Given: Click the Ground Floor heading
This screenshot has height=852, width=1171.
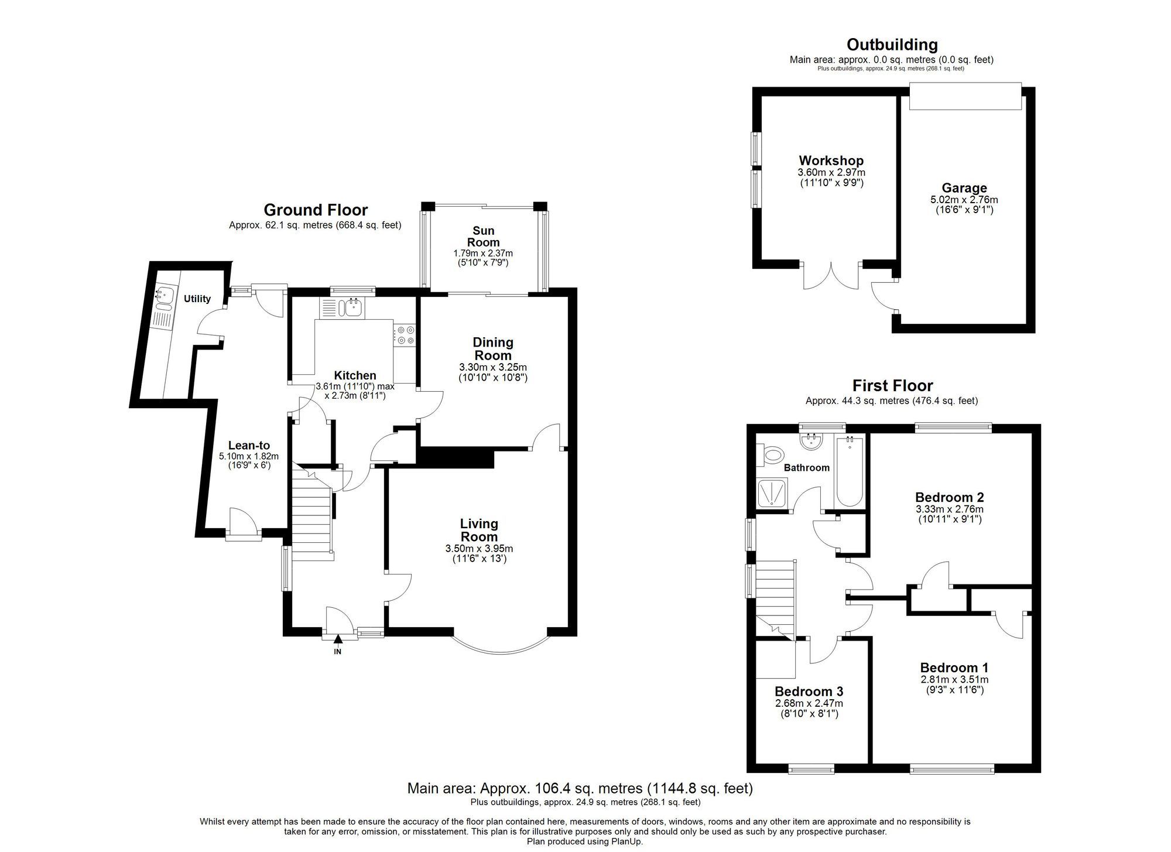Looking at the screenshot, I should pyautogui.click(x=316, y=210).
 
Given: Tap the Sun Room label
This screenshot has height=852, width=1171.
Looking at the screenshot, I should pyautogui.click(x=484, y=237).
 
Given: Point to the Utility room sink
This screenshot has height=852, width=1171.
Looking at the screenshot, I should pyautogui.click(x=164, y=293).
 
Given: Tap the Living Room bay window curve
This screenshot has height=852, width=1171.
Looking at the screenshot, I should pyautogui.click(x=501, y=649).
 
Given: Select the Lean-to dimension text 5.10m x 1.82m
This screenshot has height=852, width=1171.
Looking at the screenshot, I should pyautogui.click(x=249, y=456).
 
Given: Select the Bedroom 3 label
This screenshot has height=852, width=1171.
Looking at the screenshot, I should pyautogui.click(x=809, y=692).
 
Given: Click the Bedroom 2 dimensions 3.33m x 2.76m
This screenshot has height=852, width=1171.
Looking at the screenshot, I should pyautogui.click(x=949, y=509).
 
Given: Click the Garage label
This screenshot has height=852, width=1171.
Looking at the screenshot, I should pyautogui.click(x=964, y=188).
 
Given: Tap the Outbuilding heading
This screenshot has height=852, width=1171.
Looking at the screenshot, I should pyautogui.click(x=892, y=45).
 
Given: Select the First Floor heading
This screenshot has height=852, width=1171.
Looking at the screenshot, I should pyautogui.click(x=892, y=385).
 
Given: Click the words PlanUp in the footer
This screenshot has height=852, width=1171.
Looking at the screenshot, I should pyautogui.click(x=627, y=841).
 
